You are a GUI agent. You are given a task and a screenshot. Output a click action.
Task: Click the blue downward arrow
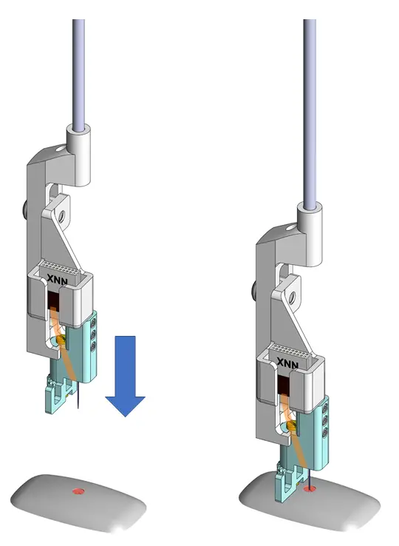pyautogui.click(x=126, y=374)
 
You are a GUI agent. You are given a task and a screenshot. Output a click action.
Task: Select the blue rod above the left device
pyautogui.click(x=78, y=67)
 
